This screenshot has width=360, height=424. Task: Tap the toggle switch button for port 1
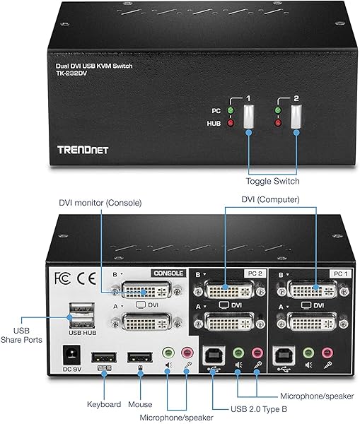coord(248,117)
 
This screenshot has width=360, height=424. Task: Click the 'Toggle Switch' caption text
coord(272,181)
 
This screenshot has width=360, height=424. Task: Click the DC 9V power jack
coord(71,351)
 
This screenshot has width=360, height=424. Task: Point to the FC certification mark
coord(62,276)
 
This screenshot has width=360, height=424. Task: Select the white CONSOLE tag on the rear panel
coord(168,273)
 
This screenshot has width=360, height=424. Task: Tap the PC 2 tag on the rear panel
coord(253,273)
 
